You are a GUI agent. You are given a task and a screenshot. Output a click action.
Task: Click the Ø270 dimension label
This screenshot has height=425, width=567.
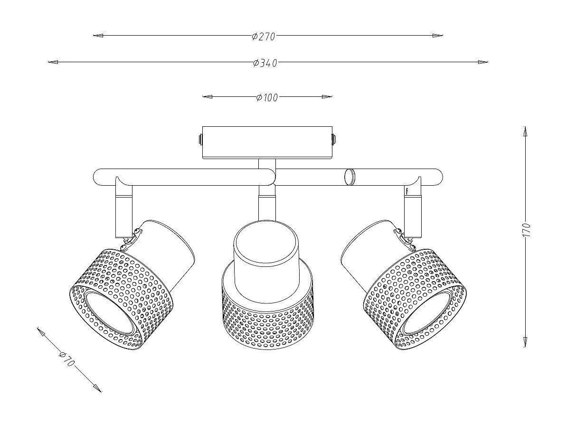pyautogui.click(x=264, y=36)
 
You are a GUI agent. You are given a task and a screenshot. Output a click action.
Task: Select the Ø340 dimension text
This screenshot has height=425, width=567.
pyautogui.click(x=265, y=63)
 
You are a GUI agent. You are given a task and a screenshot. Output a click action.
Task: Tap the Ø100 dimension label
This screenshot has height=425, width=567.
pyautogui.click(x=266, y=97)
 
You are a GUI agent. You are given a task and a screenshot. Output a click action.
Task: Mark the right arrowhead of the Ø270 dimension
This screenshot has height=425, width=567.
pyautogui.click(x=438, y=35)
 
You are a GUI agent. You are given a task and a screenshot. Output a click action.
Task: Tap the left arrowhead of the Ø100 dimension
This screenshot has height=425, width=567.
pyautogui.click(x=207, y=97)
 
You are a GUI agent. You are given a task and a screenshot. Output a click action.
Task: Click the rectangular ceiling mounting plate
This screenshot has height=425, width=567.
pyautogui.click(x=267, y=142)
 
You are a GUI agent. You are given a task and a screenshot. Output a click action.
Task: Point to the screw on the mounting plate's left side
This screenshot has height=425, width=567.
pyautogui.click(x=200, y=140)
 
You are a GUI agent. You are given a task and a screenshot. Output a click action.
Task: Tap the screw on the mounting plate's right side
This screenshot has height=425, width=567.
pyautogui.click(x=334, y=140)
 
